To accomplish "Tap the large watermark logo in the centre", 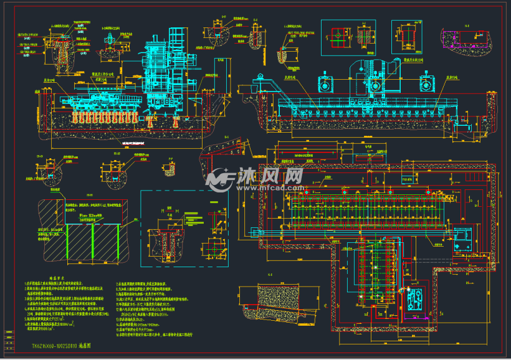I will [219, 179].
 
